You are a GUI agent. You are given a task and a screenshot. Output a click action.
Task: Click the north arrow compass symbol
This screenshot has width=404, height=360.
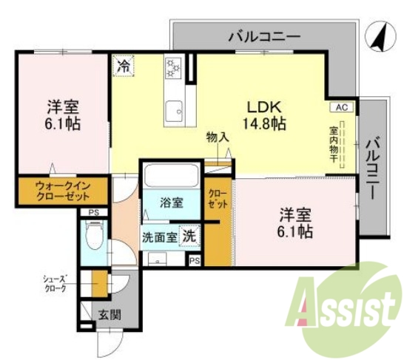(378, 38)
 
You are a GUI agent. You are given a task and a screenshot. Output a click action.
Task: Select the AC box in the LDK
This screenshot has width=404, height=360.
(340, 107)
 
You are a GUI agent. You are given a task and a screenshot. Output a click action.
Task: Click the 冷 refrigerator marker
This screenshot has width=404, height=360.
(123, 66)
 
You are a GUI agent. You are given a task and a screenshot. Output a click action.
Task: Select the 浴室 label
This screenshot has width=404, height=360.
(171, 202)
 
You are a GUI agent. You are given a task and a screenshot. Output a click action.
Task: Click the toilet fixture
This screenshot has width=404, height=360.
(93, 239)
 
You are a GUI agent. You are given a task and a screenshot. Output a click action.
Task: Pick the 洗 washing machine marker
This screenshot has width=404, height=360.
(189, 237)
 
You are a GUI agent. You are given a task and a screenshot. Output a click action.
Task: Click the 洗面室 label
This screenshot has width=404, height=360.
(159, 237)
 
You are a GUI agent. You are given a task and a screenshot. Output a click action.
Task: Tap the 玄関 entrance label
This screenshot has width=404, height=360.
(110, 313)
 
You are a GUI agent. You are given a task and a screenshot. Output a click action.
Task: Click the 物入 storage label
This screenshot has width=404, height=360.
(217, 137)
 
